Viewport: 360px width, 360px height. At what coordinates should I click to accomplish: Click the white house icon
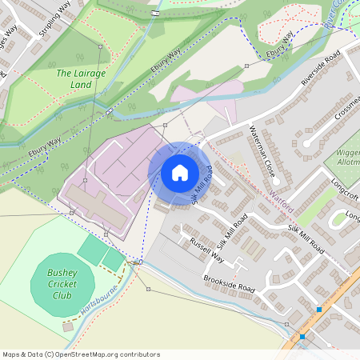(180, 173)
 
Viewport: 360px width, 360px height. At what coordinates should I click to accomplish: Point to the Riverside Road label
(321, 70)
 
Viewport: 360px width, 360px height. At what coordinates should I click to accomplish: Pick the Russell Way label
(206, 250)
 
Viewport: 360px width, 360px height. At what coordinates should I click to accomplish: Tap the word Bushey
(62, 273)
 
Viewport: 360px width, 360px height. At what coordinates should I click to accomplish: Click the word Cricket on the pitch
(62, 284)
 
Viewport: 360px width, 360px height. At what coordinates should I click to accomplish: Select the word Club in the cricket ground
(62, 295)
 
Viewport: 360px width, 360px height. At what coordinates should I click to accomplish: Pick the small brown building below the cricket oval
(69, 326)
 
